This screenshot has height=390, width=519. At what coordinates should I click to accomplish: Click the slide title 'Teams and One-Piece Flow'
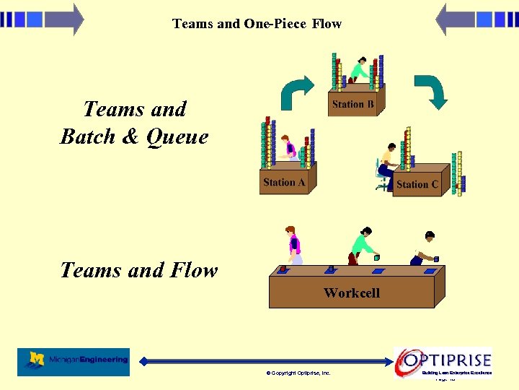pos(257,24)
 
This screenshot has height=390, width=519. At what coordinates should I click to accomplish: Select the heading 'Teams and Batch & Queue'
pos(134,123)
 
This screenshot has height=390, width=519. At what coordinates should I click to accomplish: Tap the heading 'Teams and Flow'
pos(138,270)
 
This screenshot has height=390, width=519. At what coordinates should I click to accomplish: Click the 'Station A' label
pos(284,183)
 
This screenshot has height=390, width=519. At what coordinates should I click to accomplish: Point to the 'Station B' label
pos(352,104)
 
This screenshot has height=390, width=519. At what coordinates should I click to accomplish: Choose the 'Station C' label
pos(417,185)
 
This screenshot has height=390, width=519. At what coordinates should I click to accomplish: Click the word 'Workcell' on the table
pos(351,292)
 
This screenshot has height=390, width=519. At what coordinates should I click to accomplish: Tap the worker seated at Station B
pos(358,71)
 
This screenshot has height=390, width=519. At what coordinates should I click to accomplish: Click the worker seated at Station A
pos(288,148)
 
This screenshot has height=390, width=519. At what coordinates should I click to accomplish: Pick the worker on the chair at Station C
pos(386,165)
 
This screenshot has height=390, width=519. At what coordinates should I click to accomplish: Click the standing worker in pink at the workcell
pos(293,245)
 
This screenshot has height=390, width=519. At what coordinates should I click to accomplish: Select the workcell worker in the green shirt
pos(361,246)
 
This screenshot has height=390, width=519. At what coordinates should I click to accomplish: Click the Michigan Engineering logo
pos(74,361)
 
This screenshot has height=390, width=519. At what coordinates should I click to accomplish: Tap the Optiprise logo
pos(443,360)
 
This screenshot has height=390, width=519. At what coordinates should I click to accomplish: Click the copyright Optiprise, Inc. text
pos(298,373)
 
